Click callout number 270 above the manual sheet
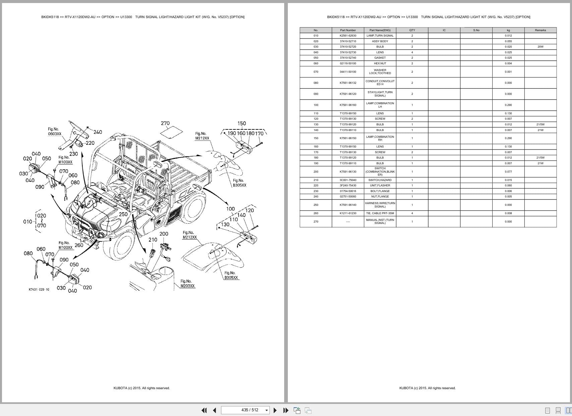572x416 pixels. pyautogui.click(x=165, y=123)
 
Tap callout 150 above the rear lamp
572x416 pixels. pyautogui.click(x=242, y=123)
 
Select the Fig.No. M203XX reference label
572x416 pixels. pyautogui.click(x=187, y=284)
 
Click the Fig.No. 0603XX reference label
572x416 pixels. pyautogui.click(x=54, y=131)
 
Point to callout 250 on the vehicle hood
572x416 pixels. pyautogui.click(x=123, y=214)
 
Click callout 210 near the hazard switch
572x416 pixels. pyautogui.click(x=153, y=240)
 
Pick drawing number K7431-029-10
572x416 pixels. pyautogui.click(x=39, y=289)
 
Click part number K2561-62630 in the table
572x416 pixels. pyautogui.click(x=348, y=36)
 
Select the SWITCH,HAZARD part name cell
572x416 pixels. pyautogui.click(x=380, y=180)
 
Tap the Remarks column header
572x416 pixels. pyautogui.click(x=540, y=30)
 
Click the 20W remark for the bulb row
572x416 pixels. pyautogui.click(x=540, y=47)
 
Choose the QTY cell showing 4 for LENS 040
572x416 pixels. pyautogui.click(x=412, y=52)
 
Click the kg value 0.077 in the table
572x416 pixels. pyautogui.click(x=508, y=172)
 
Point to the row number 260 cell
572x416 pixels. pyautogui.click(x=316, y=213)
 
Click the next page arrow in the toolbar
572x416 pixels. pyautogui.click(x=275, y=410)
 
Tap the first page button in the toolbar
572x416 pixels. pyautogui.click(x=204, y=410)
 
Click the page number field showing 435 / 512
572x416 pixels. pyautogui.click(x=250, y=410)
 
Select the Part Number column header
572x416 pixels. pyautogui.click(x=348, y=30)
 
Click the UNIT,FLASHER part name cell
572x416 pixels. pyautogui.click(x=380, y=185)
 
